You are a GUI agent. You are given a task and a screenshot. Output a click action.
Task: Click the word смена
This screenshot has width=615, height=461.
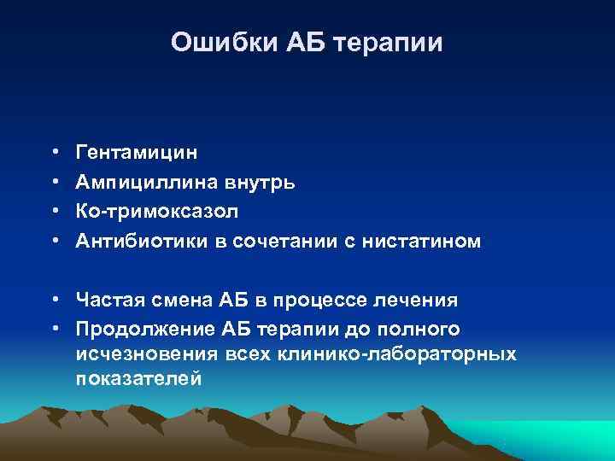pyautogui.click(x=177, y=300)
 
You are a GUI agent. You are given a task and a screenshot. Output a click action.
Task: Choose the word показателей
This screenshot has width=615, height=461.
pyautogui.click(x=138, y=378)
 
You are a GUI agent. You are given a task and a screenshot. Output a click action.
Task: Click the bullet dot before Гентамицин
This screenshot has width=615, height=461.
pyautogui.click(x=54, y=153)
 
